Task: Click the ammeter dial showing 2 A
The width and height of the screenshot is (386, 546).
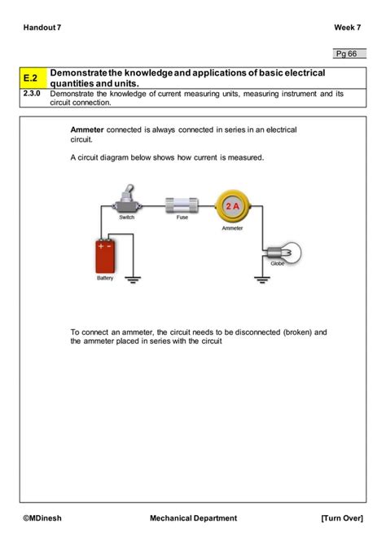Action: [230, 207]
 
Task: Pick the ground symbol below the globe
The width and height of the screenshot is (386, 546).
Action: [261, 279]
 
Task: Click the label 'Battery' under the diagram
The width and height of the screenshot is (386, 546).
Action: [106, 279]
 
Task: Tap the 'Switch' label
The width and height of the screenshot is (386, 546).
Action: [126, 218]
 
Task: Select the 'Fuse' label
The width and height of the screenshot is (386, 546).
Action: [182, 218]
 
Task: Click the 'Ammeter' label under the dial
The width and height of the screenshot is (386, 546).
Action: [232, 228]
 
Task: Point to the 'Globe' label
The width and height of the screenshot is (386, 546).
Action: [278, 263]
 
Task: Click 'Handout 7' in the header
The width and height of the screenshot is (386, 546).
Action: [42, 28]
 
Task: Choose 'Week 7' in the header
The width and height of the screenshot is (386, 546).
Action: [347, 28]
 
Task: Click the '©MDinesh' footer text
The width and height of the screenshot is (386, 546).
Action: [44, 517]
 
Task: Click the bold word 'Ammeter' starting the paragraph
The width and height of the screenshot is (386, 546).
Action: [87, 130]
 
